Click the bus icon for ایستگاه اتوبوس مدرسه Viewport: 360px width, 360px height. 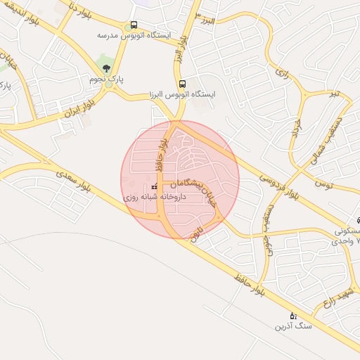pyautogui.click(x=134, y=23)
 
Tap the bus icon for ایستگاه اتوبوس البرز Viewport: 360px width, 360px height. pyautogui.click(x=182, y=83)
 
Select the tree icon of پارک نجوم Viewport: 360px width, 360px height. pyautogui.click(x=106, y=68)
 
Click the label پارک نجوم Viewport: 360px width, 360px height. pyautogui.click(x=106, y=79)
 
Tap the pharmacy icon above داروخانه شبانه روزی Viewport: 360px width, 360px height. pyautogui.click(x=154, y=187)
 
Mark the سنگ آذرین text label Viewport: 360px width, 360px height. pyautogui.click(x=292, y=326)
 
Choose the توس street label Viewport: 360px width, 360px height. pyautogui.click(x=343, y=184)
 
